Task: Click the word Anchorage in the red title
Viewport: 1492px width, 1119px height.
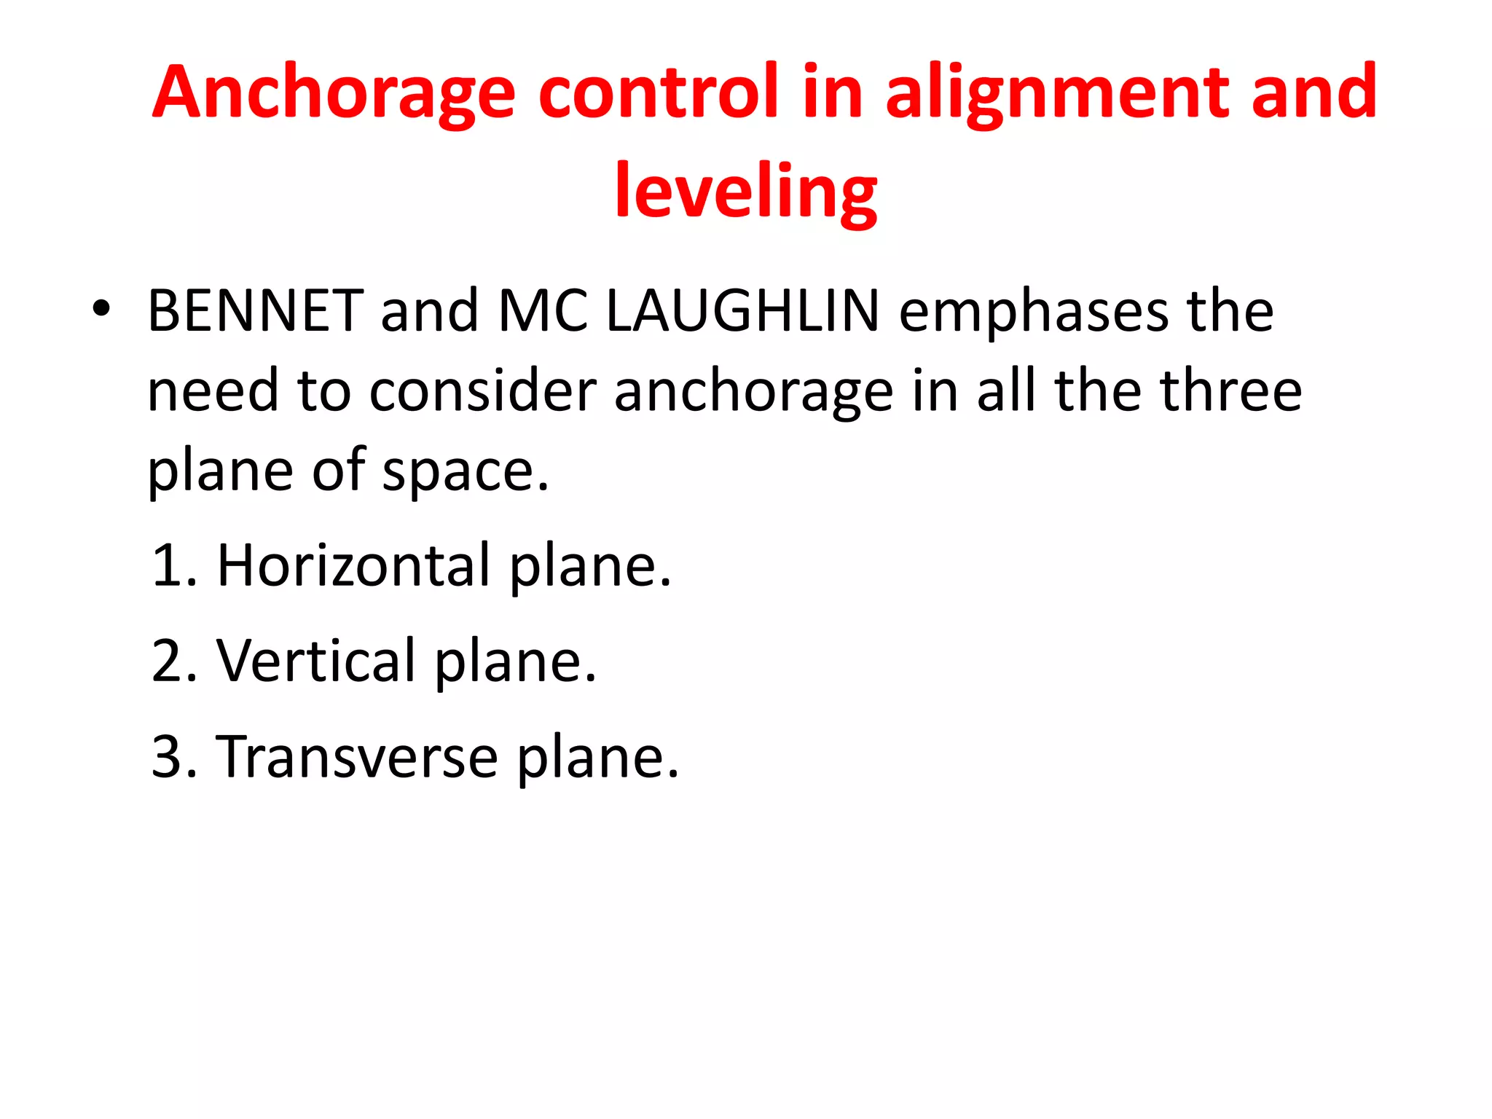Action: coord(334,93)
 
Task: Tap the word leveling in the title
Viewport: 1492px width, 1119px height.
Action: coord(746,192)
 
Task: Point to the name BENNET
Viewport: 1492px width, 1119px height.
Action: coord(255,311)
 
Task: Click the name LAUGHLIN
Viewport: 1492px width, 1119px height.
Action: coord(743,311)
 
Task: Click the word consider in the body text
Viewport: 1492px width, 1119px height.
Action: coord(483,391)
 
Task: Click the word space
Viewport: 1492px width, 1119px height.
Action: coord(465,472)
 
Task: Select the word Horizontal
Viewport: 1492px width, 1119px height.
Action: coord(354,565)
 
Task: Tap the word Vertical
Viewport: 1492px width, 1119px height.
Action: coord(316,661)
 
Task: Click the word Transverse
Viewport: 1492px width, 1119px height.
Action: coord(357,758)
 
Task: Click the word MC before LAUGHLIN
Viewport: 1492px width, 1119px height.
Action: coord(543,311)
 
